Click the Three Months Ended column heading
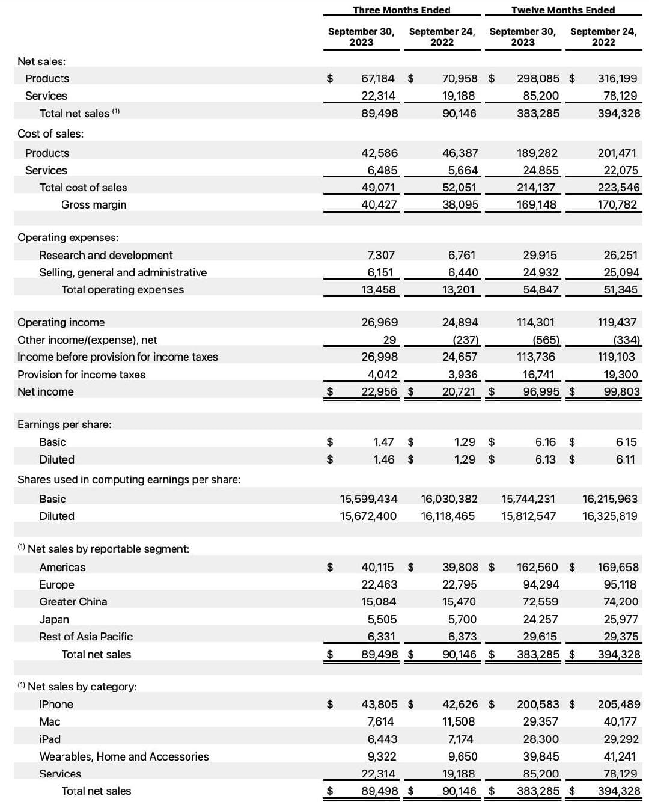click(x=401, y=10)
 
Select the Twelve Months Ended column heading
click(x=563, y=10)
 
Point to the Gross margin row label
click(x=94, y=204)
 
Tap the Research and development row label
click(x=106, y=255)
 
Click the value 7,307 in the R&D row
click(x=381, y=255)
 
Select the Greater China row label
click(x=73, y=601)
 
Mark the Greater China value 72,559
click(x=540, y=601)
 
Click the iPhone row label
click(x=56, y=704)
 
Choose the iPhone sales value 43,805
click(x=379, y=704)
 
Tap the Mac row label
click(x=50, y=721)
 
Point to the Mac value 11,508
click(x=459, y=721)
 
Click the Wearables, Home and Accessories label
click(x=124, y=756)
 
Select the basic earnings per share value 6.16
click(x=546, y=442)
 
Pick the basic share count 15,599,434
click(x=368, y=498)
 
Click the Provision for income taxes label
click(x=81, y=375)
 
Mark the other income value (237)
click(x=465, y=340)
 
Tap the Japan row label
click(x=54, y=619)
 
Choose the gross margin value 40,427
click(x=379, y=204)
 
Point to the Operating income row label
click(x=61, y=322)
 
